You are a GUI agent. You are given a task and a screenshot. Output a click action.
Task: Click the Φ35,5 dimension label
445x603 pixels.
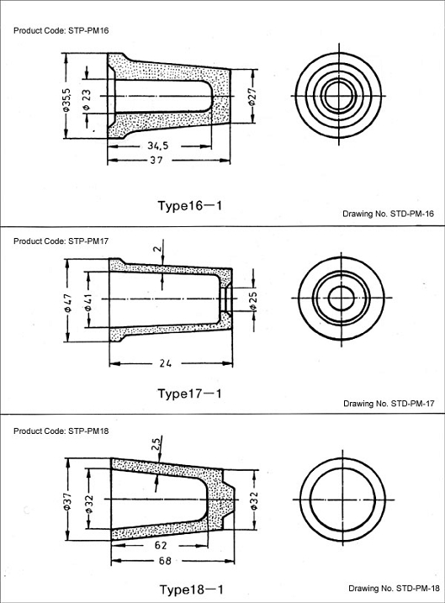66,100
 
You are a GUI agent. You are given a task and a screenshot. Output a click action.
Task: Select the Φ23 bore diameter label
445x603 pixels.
87,100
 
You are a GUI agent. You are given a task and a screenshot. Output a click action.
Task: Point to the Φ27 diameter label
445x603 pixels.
252,97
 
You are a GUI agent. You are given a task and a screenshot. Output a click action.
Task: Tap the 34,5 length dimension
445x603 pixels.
157,145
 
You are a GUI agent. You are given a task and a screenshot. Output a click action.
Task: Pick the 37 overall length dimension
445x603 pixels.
156,160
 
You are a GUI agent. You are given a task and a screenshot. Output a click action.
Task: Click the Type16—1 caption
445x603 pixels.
190,205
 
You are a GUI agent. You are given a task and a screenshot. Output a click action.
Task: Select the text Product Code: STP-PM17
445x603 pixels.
61,241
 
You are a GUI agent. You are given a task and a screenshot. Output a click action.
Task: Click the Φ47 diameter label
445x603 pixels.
67,303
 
